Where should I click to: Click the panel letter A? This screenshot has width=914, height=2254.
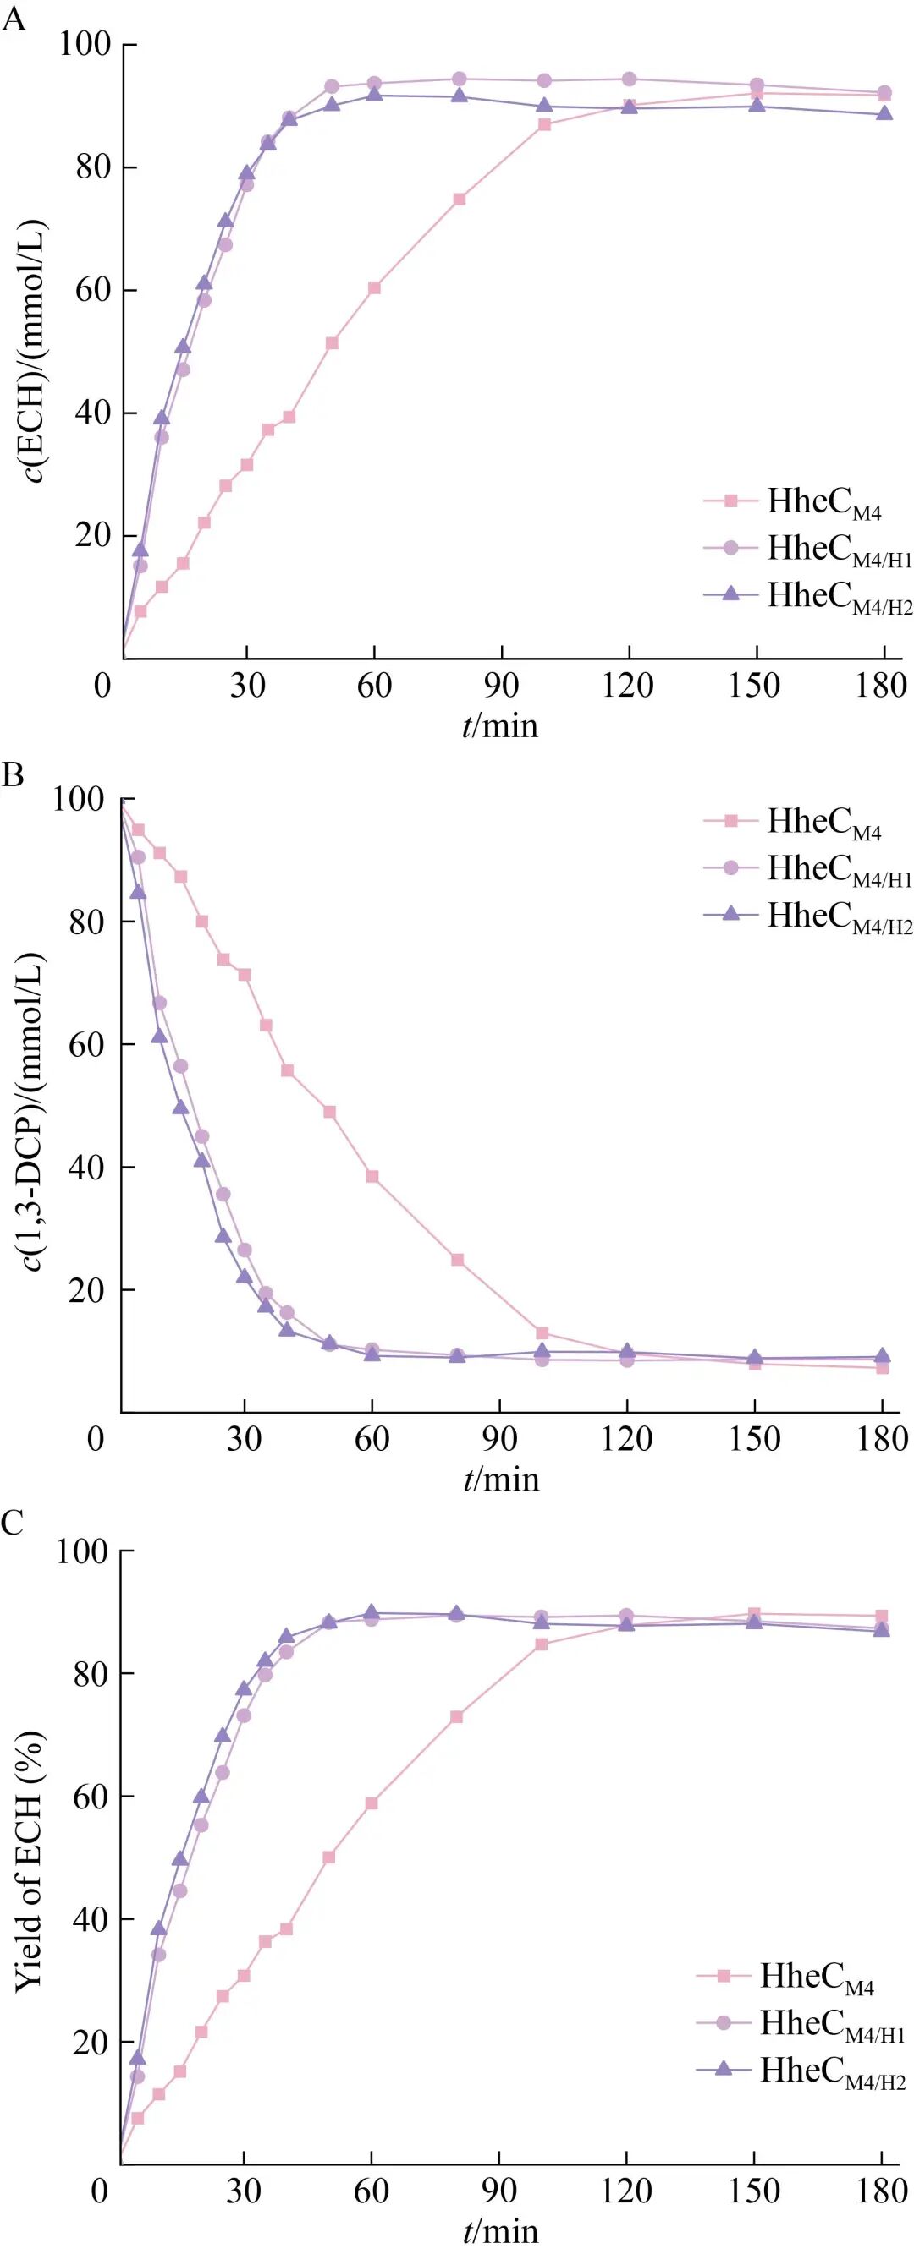14,19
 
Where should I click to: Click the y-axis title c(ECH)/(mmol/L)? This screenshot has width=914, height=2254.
34,350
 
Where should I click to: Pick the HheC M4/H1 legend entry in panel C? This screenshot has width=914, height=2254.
802,2023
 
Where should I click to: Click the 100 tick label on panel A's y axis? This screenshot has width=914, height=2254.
85,44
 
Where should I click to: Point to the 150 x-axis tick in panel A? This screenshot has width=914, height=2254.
755,685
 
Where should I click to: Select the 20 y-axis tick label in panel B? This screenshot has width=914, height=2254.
85,1291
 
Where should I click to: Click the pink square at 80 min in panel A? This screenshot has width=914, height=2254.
460,200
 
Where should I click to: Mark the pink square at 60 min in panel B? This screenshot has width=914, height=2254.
372,1177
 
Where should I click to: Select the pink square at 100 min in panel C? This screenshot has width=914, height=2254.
541,1644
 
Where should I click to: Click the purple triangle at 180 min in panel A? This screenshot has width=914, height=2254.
884,114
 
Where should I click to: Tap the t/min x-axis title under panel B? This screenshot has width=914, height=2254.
501,1479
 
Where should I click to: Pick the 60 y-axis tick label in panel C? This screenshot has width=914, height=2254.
91,1797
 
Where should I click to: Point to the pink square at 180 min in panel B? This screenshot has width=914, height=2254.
883,1368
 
